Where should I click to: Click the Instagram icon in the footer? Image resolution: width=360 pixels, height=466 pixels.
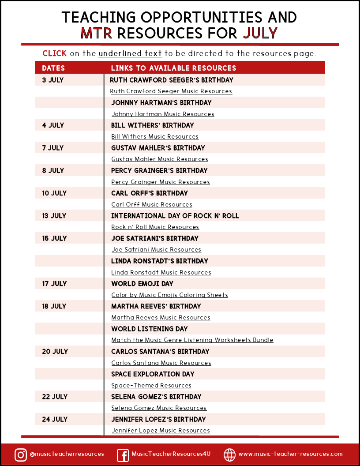tap(20, 455)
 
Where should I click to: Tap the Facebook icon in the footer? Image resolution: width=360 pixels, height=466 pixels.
tap(123, 455)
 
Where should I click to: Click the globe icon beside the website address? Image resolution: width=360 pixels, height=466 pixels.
tap(229, 455)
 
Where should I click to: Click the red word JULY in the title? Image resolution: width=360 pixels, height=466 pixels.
tap(260, 33)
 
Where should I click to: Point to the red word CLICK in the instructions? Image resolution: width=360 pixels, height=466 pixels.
tap(55, 53)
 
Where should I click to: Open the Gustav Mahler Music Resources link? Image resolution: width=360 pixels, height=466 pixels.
tap(159, 159)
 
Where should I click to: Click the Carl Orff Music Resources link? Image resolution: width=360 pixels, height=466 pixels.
tap(152, 204)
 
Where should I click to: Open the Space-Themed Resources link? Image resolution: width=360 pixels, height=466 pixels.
tap(151, 385)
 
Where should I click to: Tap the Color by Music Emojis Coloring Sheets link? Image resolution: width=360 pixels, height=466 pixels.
tap(169, 295)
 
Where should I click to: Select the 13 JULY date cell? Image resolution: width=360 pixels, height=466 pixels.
tap(54, 216)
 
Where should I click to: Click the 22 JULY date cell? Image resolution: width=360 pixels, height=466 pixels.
tap(54, 397)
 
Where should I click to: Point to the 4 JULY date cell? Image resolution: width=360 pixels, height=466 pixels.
tap(53, 125)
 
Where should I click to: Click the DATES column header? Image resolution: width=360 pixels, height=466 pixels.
tap(53, 68)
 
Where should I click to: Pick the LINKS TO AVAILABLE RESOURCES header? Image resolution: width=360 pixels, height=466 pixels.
tap(173, 68)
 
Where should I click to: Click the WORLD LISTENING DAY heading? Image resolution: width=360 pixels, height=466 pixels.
tap(150, 329)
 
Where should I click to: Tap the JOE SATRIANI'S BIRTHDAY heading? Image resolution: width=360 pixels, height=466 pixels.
tap(155, 238)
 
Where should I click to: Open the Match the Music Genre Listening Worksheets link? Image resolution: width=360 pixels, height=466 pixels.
tap(192, 340)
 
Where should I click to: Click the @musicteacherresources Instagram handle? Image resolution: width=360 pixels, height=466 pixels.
tap(67, 454)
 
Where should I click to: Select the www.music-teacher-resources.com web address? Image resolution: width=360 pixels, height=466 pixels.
tap(290, 454)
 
